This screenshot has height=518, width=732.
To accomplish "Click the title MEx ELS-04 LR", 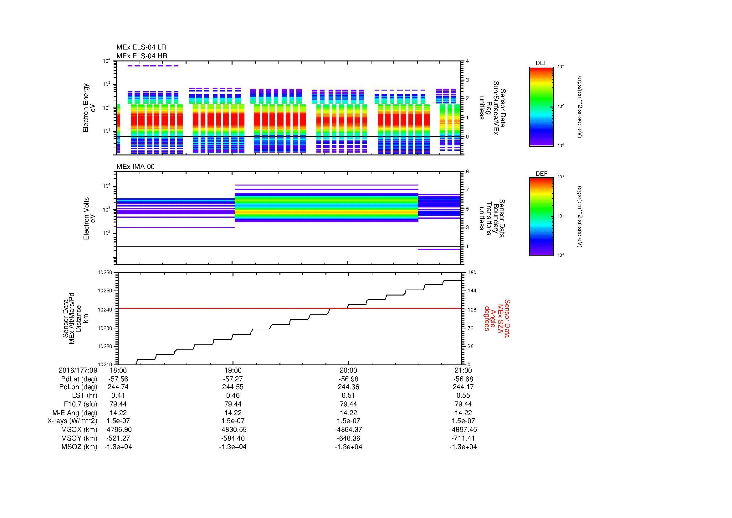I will (141, 47).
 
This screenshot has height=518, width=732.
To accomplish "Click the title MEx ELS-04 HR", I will (141, 56).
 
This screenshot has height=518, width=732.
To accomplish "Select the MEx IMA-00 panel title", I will (135, 167).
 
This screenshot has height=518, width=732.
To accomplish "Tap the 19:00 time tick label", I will (233, 370).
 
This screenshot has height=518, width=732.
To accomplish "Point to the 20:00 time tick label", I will (348, 370).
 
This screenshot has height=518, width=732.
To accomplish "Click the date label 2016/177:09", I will (78, 370).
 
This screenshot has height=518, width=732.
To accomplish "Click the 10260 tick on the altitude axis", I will (105, 273).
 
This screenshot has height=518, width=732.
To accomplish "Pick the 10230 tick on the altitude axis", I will (105, 328).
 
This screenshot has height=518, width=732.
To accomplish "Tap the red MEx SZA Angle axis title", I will (497, 318).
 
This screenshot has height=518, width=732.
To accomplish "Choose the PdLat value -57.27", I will (233, 379).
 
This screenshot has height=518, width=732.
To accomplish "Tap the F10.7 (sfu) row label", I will (80, 404).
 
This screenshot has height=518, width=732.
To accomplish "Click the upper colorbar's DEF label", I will (541, 63).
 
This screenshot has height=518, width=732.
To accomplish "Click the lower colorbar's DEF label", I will (541, 174).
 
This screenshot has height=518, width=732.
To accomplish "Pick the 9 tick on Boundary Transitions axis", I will (467, 172).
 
